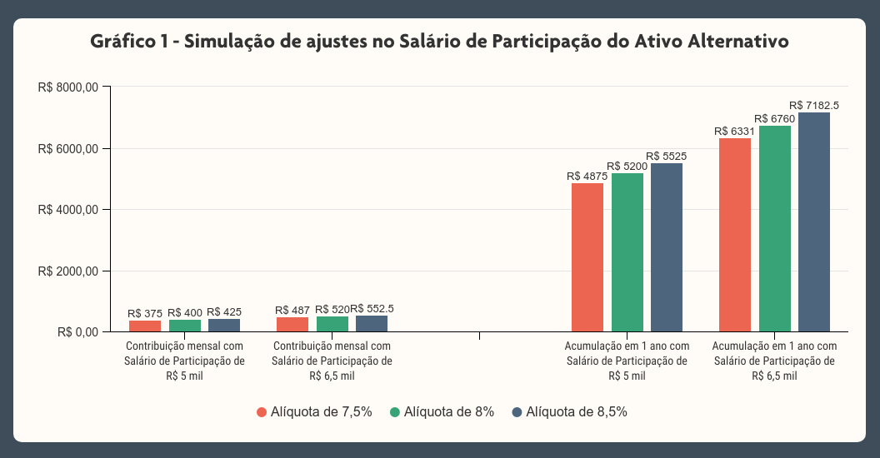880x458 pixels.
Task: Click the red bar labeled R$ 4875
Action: (x=587, y=257)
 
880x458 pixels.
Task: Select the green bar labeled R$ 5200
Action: (x=627, y=252)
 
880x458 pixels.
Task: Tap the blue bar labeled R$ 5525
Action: (x=667, y=247)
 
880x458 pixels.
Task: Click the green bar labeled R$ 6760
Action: (x=775, y=228)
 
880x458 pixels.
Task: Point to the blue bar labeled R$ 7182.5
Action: (x=814, y=222)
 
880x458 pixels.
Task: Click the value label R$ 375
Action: (x=145, y=313)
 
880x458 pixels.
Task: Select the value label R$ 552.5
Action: (x=372, y=308)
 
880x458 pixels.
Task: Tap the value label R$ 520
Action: (x=332, y=309)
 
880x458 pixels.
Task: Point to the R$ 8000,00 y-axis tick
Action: (x=69, y=87)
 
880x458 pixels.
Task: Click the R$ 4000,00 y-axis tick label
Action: (x=69, y=210)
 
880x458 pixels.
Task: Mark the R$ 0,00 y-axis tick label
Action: (x=78, y=332)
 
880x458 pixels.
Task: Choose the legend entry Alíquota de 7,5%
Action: (x=313, y=412)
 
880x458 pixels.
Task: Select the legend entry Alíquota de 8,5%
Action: (x=569, y=412)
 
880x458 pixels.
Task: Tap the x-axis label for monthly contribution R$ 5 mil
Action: (x=184, y=361)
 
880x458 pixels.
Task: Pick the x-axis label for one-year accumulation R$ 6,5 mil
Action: (x=774, y=361)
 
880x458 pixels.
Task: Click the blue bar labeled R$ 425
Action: (x=224, y=326)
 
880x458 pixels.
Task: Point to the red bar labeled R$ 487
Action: (x=292, y=325)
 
